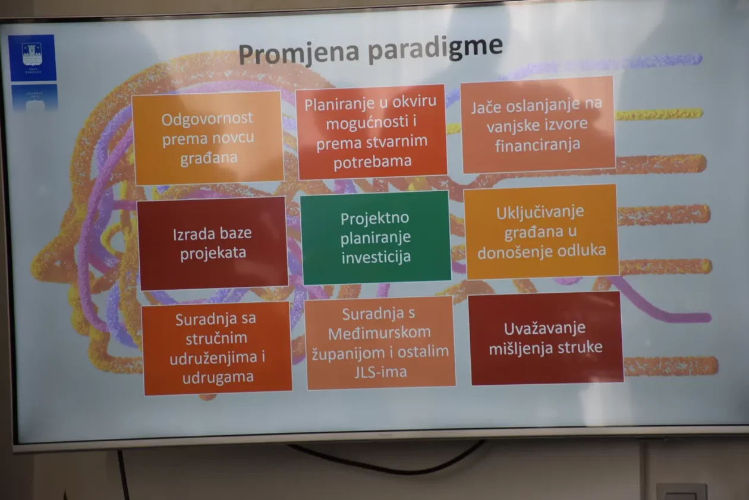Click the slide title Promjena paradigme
(x=370, y=50)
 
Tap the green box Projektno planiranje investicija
(x=375, y=238)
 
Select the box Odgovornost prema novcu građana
(x=207, y=138)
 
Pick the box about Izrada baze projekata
(x=213, y=243)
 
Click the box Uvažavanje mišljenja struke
(x=545, y=338)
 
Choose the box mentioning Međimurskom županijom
(x=380, y=343)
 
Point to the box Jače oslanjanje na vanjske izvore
(x=537, y=124)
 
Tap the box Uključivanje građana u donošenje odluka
(x=541, y=231)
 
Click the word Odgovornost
(x=207, y=118)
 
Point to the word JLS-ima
(x=380, y=372)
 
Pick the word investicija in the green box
(x=376, y=257)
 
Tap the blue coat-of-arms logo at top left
(x=32, y=57)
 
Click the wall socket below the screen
(x=681, y=492)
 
